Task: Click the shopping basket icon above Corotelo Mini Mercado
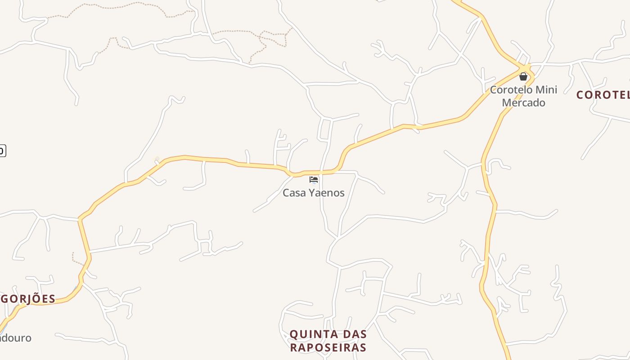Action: [523, 76]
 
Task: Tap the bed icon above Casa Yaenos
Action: [314, 180]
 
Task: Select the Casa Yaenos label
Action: [314, 193]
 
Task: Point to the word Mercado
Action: [523, 103]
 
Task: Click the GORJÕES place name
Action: [28, 299]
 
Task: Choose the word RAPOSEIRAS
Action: [328, 347]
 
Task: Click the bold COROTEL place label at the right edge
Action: [603, 95]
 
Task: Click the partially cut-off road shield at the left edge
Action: [2, 150]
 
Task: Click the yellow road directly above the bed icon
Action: [314, 172]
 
